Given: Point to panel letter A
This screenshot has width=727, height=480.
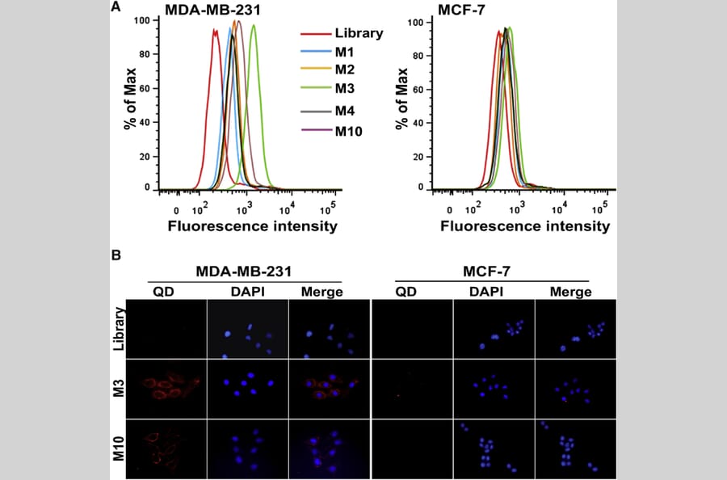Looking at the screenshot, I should pos(116,7).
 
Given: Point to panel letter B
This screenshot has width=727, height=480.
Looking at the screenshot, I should pos(116,256).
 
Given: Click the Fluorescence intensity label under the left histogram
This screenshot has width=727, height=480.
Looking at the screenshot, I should pos(252,226).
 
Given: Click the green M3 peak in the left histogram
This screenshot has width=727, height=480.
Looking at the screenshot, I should pos(254,27).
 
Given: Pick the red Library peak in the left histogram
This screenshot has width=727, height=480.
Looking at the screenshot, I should pos(216,31).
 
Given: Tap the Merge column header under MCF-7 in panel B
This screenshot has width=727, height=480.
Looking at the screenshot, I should pos(565,292).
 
